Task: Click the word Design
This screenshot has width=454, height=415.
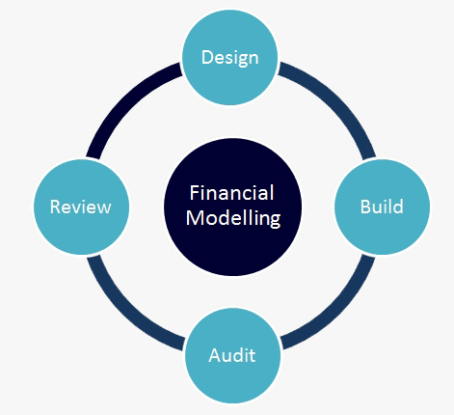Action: click(229, 58)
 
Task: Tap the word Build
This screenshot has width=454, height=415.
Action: click(382, 207)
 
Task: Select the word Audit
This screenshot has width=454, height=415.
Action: click(232, 355)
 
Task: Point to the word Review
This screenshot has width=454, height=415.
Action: click(80, 207)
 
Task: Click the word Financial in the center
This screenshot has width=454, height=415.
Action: click(231, 193)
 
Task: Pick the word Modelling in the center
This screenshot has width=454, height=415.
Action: click(233, 219)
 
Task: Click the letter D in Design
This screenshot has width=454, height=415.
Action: click(207, 57)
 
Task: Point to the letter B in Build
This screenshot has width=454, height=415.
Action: click(365, 207)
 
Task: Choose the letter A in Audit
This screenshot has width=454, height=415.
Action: click(215, 355)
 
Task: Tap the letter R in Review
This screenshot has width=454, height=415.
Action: click(56, 207)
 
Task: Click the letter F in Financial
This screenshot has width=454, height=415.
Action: click(195, 193)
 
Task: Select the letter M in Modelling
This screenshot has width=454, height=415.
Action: click(194, 218)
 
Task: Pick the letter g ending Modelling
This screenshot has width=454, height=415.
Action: click(276, 221)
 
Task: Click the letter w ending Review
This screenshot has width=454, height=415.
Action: click(104, 209)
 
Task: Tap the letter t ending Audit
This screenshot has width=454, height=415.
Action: click(253, 356)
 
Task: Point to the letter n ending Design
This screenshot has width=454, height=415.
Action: click(254, 60)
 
